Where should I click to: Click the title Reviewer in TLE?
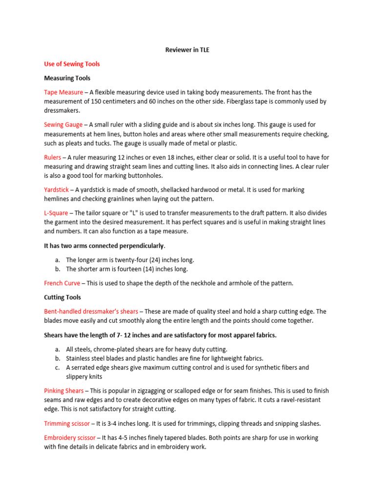pos(187,50)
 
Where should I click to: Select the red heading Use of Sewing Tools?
pos(72,64)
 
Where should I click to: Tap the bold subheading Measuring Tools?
pos(67,78)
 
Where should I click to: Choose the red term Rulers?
pos(53,157)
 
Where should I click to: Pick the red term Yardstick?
pos(57,189)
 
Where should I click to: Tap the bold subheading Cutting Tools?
pos(62,297)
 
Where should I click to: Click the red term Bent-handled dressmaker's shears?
pos(91,312)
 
